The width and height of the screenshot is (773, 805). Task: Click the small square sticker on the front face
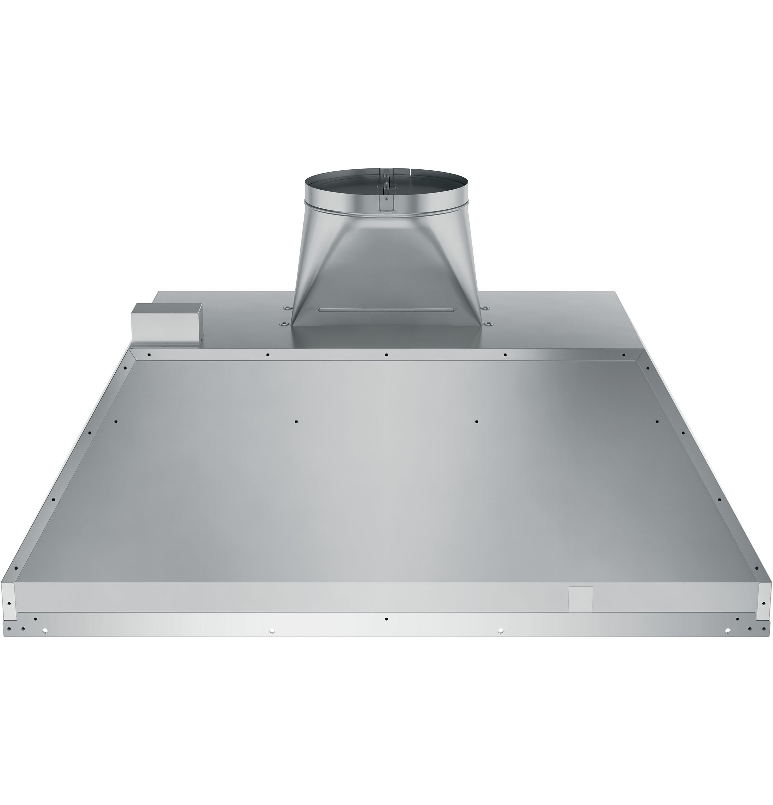pos(580,598)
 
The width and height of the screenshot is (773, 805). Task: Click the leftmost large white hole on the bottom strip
pos(45,630)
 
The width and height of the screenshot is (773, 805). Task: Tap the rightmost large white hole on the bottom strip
pos(727,630)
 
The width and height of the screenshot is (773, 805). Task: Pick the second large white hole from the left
pos(272,630)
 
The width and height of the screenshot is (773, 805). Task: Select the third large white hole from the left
pos(500,630)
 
